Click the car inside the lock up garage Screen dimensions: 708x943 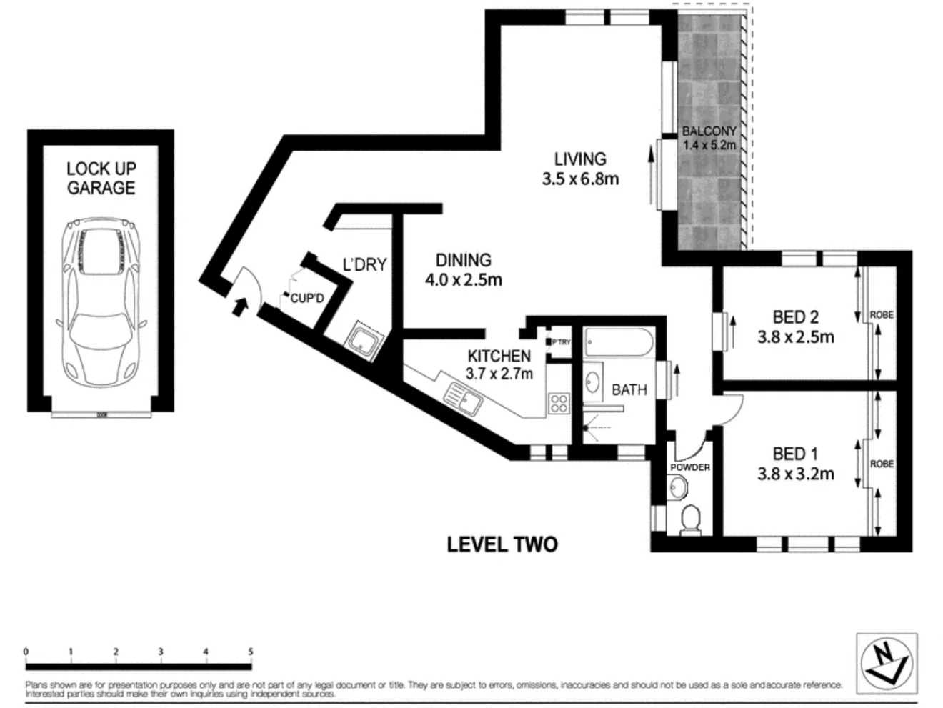(101, 300)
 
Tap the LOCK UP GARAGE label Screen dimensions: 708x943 (101, 179)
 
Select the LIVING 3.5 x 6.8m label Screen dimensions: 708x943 (580, 169)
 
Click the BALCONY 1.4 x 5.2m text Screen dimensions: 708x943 (709, 138)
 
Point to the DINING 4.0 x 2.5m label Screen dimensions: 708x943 (464, 270)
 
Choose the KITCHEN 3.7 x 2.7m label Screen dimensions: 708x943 (499, 364)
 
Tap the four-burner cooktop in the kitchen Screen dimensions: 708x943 (558, 404)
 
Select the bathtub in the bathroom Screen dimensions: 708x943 (617, 344)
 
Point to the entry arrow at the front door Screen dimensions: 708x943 (241, 306)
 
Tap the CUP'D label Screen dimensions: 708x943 (307, 299)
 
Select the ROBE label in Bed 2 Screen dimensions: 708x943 (882, 315)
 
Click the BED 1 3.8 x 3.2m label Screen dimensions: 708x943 (795, 463)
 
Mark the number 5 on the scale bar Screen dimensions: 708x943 (250, 652)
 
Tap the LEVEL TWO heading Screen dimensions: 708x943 (502, 544)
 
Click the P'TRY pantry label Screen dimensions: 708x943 (562, 343)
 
